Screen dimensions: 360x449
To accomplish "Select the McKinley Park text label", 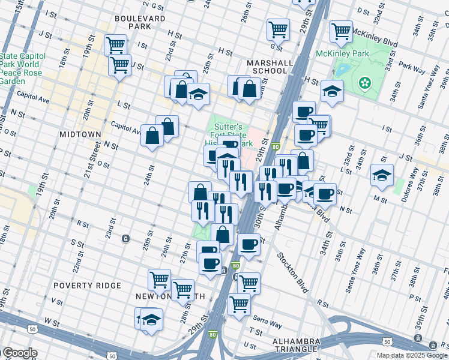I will pos(340,53).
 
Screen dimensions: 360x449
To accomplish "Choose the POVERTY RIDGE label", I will pos(87,286).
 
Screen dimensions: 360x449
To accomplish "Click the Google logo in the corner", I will pos(19,353).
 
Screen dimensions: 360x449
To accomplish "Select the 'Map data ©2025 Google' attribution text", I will pos(412,355).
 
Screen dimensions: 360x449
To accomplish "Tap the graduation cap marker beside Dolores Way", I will pos(382,175).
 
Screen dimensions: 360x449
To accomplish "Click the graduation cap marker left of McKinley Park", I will pos(332,91).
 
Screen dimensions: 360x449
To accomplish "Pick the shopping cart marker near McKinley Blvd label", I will pos(341,31).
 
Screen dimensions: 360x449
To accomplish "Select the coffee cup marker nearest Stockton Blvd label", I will pos(249,244).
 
